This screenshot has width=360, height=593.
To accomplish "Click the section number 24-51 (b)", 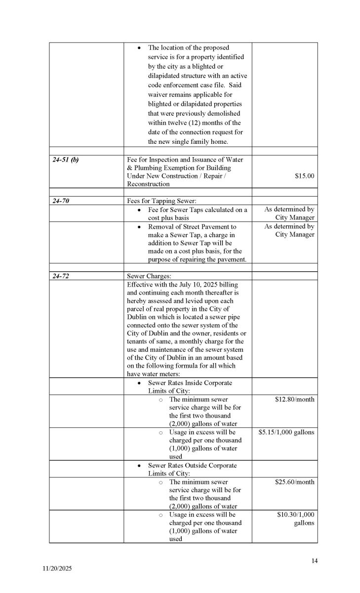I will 65,160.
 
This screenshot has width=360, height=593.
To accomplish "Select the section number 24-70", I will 61,201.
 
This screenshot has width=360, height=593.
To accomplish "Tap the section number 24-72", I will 61,276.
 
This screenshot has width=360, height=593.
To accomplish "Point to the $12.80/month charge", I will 294,399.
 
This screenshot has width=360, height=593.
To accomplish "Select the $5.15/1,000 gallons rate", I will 286,432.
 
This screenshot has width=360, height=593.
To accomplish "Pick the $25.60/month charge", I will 294,482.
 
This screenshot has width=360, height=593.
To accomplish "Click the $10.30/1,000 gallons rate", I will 295,519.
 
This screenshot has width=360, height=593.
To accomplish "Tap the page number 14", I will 315,560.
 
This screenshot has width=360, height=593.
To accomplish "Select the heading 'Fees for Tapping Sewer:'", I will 160,201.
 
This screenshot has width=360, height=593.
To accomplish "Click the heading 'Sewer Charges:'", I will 149,276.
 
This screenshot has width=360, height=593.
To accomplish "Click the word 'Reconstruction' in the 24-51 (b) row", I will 148,184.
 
